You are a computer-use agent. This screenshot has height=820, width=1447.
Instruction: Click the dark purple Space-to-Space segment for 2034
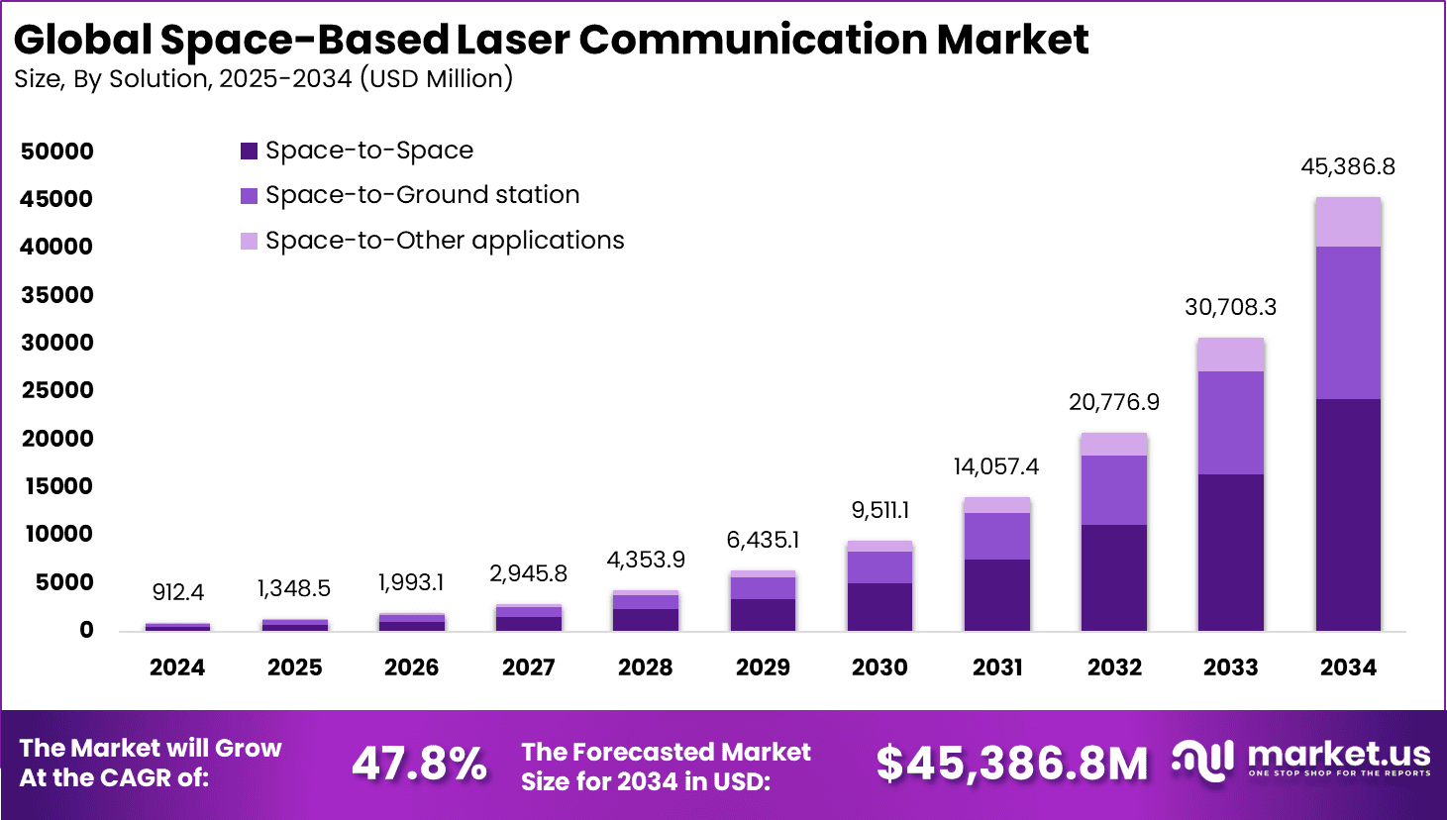coord(1348,515)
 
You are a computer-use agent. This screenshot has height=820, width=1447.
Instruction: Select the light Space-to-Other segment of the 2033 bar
coord(1231,355)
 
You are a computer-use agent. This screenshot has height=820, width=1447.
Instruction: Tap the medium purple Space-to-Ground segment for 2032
coord(1114,490)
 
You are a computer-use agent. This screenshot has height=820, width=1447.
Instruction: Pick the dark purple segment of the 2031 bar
coord(997,595)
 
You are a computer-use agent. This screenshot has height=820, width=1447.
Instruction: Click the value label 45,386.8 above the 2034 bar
coord(1348,166)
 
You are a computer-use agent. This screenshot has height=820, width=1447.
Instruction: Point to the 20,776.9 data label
coord(1114,402)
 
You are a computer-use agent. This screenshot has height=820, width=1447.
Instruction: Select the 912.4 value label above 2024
coord(178,592)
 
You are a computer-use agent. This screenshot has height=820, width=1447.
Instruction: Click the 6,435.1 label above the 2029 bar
coord(763,540)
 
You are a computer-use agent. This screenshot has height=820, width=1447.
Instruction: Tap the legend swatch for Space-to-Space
coord(250,152)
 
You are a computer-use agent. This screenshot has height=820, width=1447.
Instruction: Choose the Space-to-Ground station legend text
coord(422,195)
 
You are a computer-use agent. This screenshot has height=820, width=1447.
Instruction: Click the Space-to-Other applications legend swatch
coord(250,241)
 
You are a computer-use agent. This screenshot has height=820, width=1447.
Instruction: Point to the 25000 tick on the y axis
coord(57,390)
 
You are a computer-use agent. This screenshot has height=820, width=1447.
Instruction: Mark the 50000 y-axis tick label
coord(57,152)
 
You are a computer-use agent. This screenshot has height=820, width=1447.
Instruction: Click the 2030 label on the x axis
coord(879,667)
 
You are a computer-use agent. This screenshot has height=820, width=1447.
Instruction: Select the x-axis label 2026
coord(411,667)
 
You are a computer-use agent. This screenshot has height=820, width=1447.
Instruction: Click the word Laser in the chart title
coord(512,40)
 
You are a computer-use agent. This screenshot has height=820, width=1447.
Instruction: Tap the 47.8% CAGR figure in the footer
coord(420,764)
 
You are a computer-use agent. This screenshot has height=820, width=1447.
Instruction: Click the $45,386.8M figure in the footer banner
coord(1012,764)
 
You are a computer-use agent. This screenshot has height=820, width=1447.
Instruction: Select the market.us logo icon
coord(1203,761)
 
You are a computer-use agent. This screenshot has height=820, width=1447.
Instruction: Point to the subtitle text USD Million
coord(436,78)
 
